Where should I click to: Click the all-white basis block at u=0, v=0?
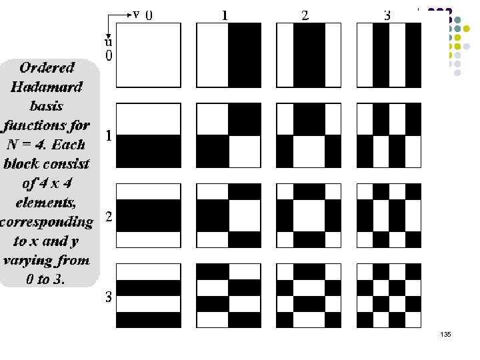coord(149,55)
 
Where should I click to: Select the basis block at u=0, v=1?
coord(229,55)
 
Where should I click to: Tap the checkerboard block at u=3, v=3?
coord(389,295)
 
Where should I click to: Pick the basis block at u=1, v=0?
coord(149,135)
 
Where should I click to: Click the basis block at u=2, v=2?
coord(309,215)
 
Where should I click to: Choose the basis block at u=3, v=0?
coord(149,295)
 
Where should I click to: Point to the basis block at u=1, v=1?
coord(229,135)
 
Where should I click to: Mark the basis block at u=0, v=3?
coord(389,55)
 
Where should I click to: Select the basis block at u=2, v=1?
coord(229,215)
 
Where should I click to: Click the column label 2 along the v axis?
coord(305,15)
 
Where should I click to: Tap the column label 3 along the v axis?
coord(387,15)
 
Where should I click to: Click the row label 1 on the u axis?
coord(109,136)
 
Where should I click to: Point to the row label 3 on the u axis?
coord(109,297)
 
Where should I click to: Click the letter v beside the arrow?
coord(136,13)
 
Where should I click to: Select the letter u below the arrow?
coord(107,41)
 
